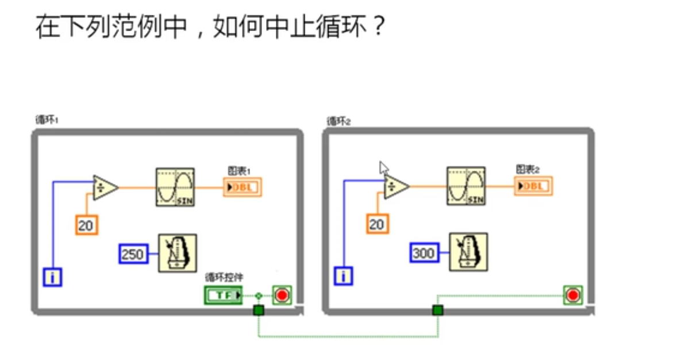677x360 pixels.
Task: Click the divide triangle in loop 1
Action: coord(105,187)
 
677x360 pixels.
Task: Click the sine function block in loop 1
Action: coord(175,187)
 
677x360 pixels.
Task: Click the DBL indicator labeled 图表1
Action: coord(242,187)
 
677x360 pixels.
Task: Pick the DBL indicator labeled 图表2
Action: coord(533,186)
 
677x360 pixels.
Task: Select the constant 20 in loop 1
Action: coord(86,225)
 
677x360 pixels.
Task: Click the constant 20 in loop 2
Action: coord(376,224)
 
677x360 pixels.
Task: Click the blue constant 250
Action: coord(133,254)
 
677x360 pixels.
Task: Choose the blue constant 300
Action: coord(424,253)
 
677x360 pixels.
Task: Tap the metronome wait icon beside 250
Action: coord(177,253)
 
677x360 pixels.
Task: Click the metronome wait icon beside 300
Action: coord(468,252)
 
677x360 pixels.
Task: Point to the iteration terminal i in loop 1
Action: coord(53,278)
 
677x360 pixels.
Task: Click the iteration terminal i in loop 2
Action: coord(344,277)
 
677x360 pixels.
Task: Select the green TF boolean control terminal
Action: coord(223,296)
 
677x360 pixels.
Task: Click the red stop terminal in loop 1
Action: coord(282,296)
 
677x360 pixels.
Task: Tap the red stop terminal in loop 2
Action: coord(573,295)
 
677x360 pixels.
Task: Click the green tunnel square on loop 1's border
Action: coord(258,311)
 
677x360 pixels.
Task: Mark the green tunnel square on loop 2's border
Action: coord(438,311)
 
